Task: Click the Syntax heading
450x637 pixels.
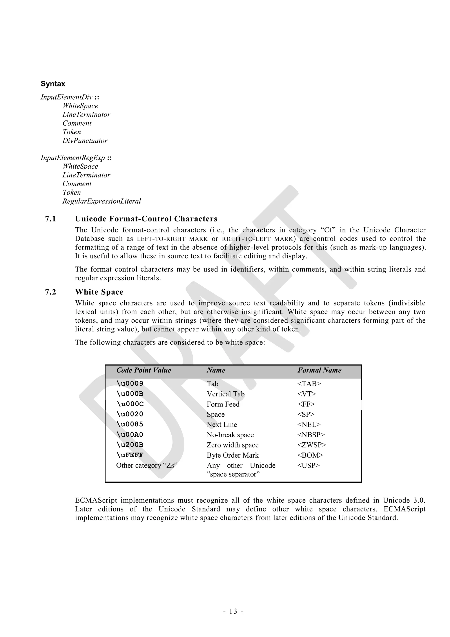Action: [53, 84]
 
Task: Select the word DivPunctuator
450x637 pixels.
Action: [85, 141]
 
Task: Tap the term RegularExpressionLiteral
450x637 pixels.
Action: [102, 201]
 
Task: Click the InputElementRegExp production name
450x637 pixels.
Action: [73, 158]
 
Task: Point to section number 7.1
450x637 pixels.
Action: [51, 219]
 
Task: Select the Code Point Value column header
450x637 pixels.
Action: [144, 370]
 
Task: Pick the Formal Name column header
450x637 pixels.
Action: [319, 370]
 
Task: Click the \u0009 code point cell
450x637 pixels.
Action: [130, 384]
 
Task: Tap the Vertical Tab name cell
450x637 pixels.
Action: [225, 394]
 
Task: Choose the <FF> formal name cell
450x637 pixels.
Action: [306, 404]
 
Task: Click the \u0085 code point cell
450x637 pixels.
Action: [130, 424]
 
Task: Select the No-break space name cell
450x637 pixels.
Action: [230, 435]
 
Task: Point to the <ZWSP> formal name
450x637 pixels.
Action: [312, 445]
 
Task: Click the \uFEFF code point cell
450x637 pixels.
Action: [130, 455]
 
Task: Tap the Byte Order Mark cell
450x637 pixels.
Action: [232, 455]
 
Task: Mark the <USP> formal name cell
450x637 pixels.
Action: [308, 465]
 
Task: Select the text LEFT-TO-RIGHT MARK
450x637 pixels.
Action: [172, 239]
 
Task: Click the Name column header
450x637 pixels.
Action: [216, 370]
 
